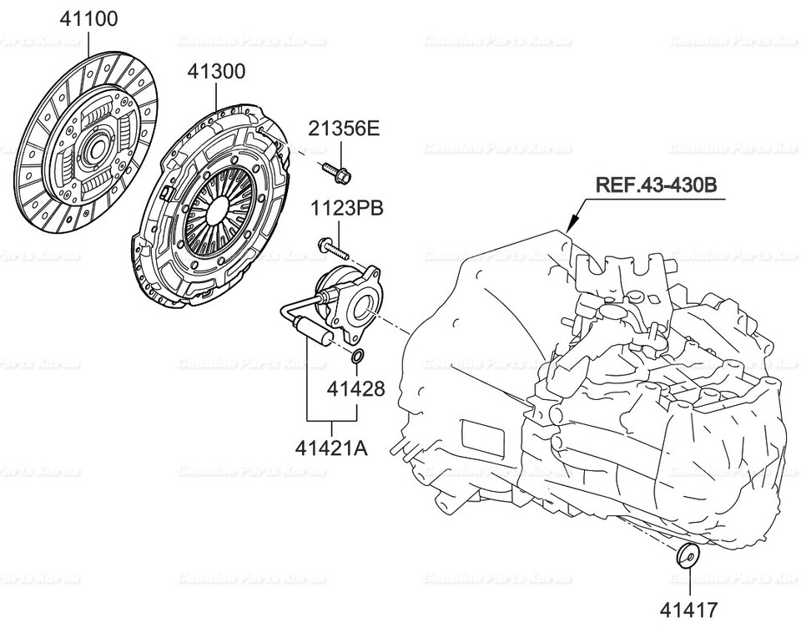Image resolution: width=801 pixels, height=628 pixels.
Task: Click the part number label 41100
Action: pos(88,18)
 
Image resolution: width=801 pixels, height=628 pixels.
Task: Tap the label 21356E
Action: pos(343,129)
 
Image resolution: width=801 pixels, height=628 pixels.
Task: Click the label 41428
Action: pos(355,388)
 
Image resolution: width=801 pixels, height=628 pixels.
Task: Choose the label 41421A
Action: pos(330,448)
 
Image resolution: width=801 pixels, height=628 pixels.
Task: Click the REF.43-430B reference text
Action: pos(655,185)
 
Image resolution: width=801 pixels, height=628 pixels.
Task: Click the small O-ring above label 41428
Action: pos(357,359)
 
